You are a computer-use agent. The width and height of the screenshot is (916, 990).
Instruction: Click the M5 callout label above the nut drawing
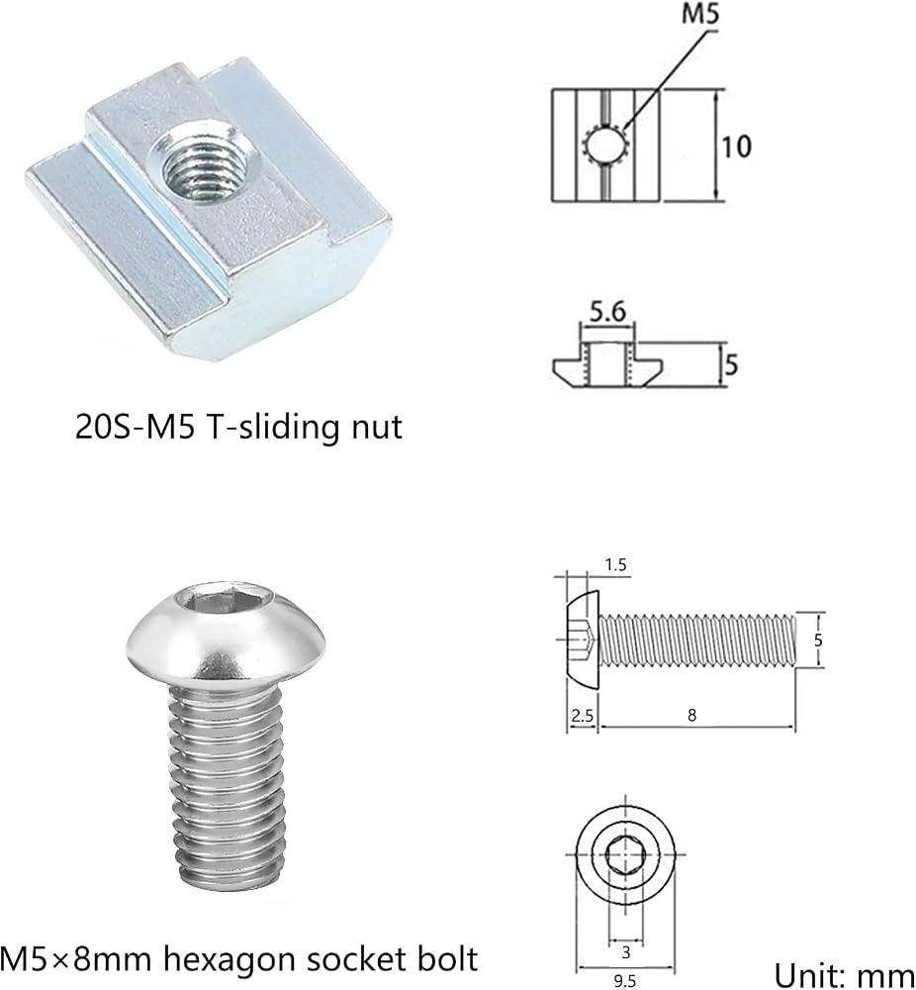pyautogui.click(x=700, y=14)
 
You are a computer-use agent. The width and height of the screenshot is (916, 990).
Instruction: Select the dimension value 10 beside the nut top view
pyautogui.click(x=736, y=147)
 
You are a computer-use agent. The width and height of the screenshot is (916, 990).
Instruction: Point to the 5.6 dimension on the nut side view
pyautogui.click(x=607, y=311)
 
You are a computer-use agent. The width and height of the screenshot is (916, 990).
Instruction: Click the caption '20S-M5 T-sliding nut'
pyautogui.click(x=238, y=427)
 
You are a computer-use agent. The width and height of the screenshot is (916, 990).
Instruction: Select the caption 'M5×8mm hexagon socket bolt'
pyautogui.click(x=238, y=959)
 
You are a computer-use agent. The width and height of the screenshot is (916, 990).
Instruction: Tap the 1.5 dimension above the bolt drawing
pyautogui.click(x=615, y=564)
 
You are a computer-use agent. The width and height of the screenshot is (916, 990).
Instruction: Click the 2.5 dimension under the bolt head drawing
pyautogui.click(x=582, y=716)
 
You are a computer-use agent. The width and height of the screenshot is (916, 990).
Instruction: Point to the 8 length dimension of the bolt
pyautogui.click(x=692, y=715)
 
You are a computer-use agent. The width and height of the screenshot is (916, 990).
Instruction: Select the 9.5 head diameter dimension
pyautogui.click(x=624, y=981)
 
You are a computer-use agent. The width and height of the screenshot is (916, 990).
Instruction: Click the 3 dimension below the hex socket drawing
pyautogui.click(x=626, y=951)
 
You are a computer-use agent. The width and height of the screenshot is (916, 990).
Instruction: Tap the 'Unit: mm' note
pyautogui.click(x=844, y=975)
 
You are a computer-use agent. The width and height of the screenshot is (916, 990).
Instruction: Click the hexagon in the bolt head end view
pyautogui.click(x=625, y=855)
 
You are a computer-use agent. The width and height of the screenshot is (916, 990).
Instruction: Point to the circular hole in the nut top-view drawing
pyautogui.click(x=603, y=146)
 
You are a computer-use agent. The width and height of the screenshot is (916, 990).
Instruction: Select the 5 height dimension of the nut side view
pyautogui.click(x=731, y=365)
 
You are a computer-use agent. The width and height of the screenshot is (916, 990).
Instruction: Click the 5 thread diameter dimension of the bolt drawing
pyautogui.click(x=818, y=640)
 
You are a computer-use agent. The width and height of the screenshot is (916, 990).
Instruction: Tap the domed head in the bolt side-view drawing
pyautogui.click(x=582, y=640)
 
